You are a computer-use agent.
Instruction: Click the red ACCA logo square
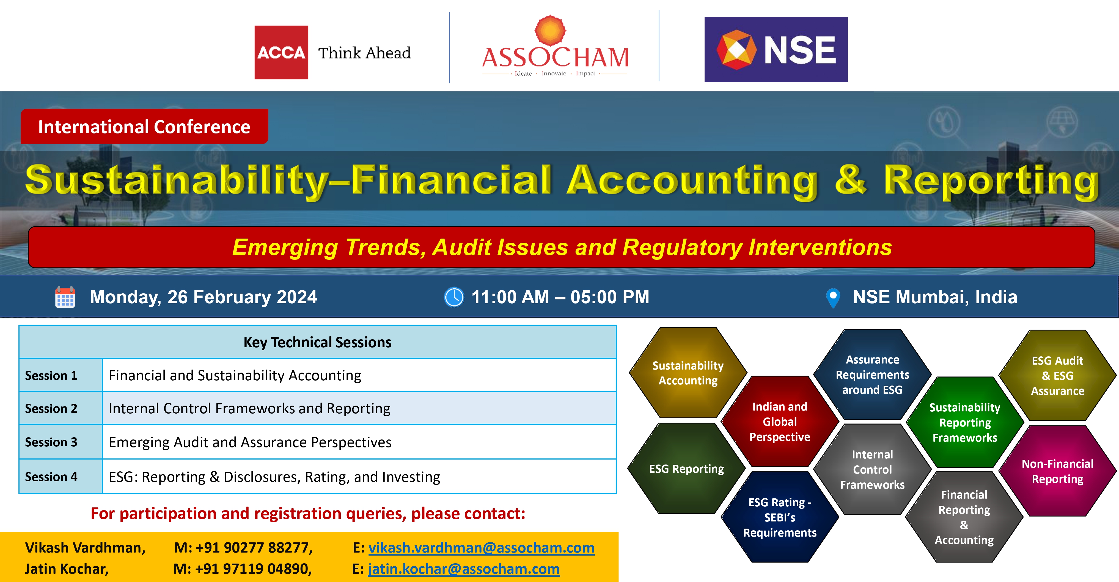coord(281,52)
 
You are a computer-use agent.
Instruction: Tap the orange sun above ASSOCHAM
coord(550,31)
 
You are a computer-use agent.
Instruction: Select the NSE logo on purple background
coord(776,50)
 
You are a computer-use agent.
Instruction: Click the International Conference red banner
coord(144,127)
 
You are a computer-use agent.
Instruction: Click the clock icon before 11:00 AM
coord(454,297)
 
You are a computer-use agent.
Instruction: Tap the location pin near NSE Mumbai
coord(833,298)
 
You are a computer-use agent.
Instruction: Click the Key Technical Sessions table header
coord(318,342)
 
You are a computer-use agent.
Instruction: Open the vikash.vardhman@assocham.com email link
coord(481,548)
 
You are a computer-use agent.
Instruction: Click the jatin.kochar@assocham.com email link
coord(463,569)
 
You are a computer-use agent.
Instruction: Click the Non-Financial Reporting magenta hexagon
coord(1057,471)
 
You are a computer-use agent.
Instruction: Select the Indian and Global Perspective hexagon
coord(780,422)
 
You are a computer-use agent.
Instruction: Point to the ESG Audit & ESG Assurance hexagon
coord(1057,376)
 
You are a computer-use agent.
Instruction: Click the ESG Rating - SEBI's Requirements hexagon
coord(780,517)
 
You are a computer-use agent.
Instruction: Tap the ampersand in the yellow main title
coord(851,180)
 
